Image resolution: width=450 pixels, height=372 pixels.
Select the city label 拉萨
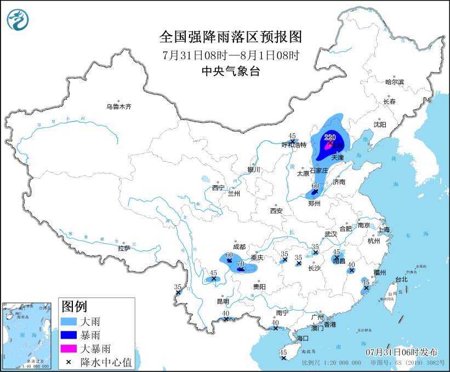(124, 248)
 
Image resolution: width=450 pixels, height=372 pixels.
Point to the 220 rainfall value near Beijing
(330, 137)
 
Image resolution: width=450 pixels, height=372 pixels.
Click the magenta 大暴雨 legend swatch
(69, 348)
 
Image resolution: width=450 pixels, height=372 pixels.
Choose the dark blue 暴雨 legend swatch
(69, 334)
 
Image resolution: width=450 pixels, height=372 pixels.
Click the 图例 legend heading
(74, 306)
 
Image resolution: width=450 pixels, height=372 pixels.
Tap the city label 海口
(304, 338)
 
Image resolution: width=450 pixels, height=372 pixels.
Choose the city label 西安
(276, 210)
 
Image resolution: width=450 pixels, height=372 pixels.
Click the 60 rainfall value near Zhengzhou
(315, 186)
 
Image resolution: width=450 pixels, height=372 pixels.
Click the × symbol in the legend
(69, 362)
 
